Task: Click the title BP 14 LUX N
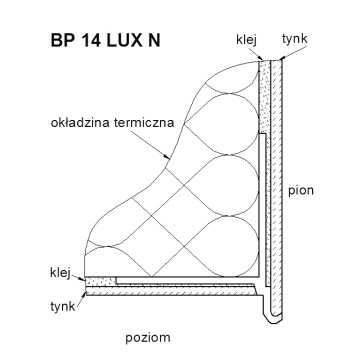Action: click(105, 40)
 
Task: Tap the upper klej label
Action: click(246, 40)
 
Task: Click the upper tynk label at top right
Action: click(294, 39)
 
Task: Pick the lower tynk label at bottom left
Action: click(63, 307)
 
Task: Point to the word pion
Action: click(301, 191)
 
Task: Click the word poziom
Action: click(148, 338)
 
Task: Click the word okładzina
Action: click(80, 123)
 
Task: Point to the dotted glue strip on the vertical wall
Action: click(264, 97)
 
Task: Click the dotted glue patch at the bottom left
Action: click(101, 281)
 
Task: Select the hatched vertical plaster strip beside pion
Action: click(276, 187)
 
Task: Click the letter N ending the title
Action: click(153, 40)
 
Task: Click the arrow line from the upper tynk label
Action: click(293, 53)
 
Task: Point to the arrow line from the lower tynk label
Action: click(81, 299)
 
